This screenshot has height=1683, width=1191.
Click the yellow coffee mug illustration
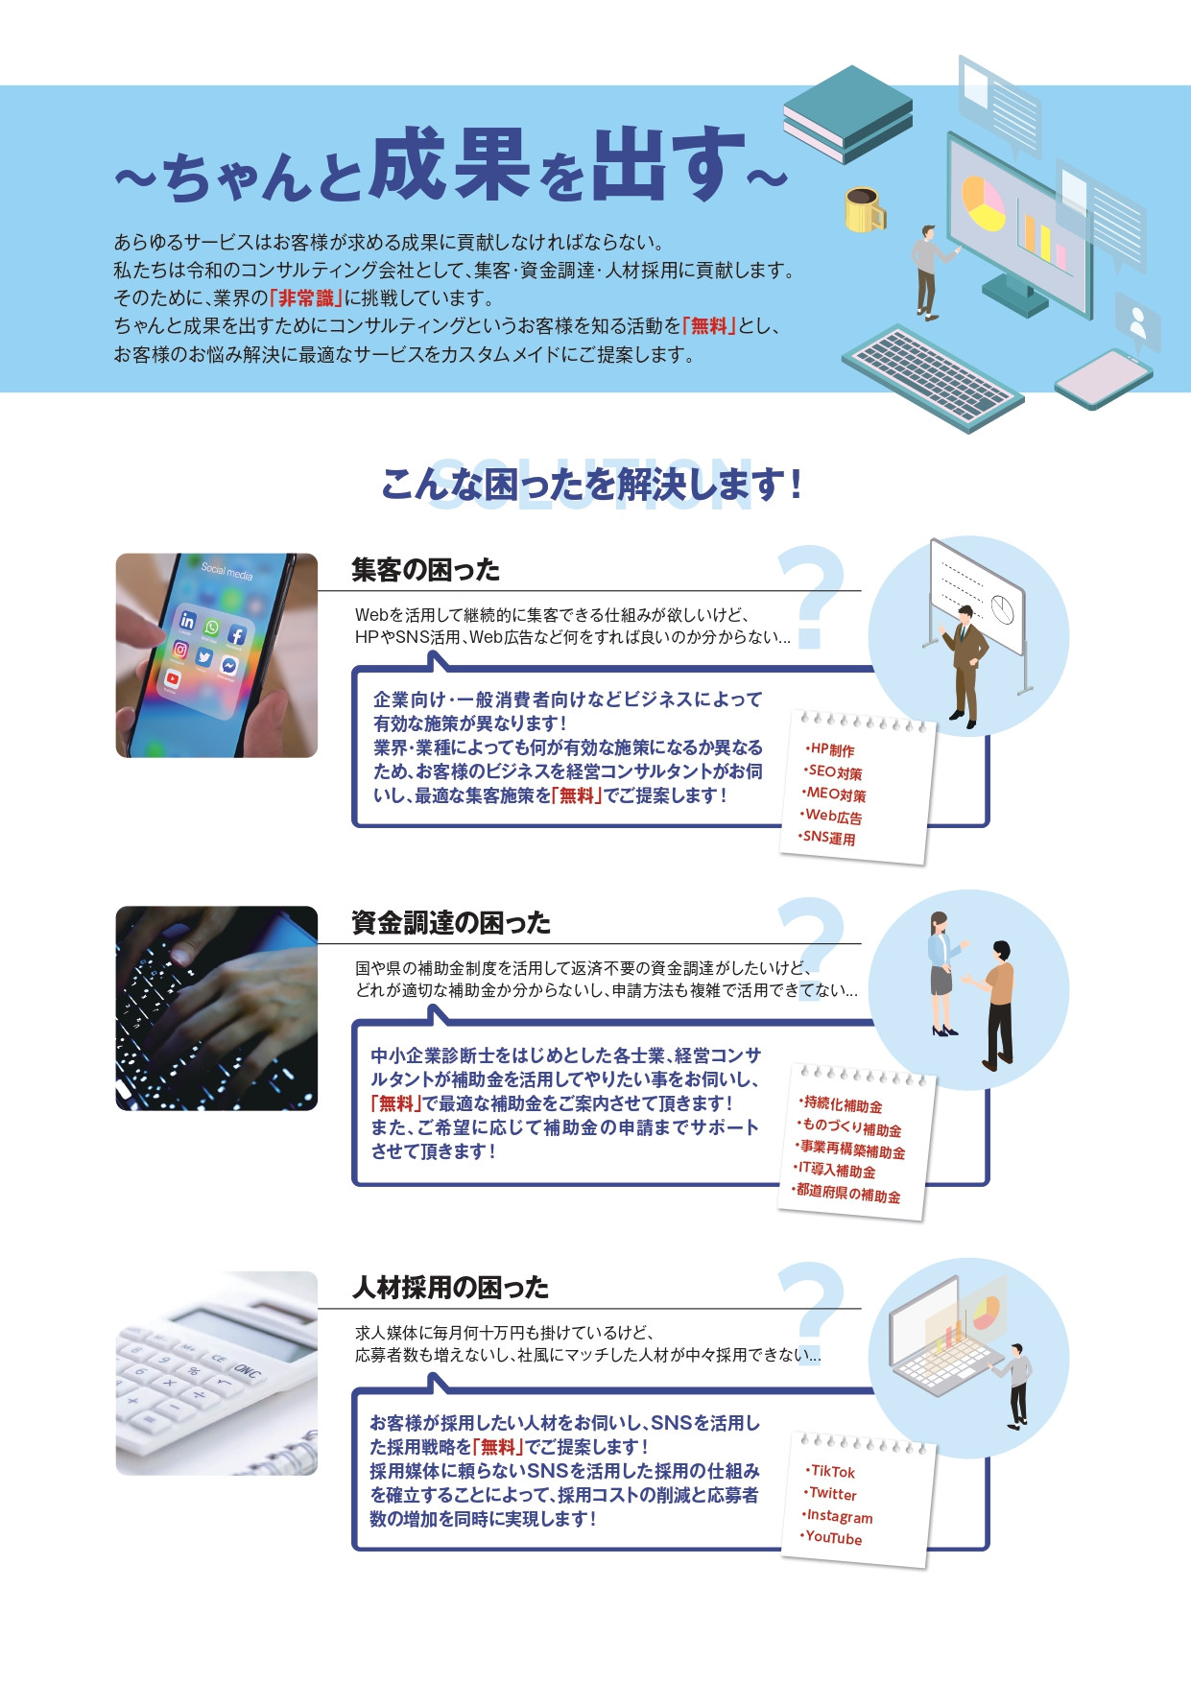click(x=864, y=209)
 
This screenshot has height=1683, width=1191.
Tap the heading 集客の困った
click(x=425, y=570)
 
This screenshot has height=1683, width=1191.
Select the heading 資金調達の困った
click(x=450, y=923)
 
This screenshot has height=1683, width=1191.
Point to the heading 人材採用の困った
click(x=450, y=1287)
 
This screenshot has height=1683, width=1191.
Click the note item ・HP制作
click(x=830, y=750)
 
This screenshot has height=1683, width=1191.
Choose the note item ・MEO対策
click(x=835, y=794)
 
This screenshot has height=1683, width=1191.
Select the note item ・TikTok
click(x=831, y=1471)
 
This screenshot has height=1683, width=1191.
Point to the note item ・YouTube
click(x=832, y=1538)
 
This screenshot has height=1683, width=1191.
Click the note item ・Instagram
click(x=838, y=1516)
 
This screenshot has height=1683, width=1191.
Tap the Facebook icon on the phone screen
click(x=236, y=634)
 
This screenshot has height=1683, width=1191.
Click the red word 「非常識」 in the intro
click(x=306, y=298)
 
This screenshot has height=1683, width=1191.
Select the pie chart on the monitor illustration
click(x=983, y=202)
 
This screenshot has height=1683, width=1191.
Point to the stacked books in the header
click(x=847, y=113)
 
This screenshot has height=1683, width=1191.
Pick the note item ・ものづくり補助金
click(x=851, y=1127)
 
